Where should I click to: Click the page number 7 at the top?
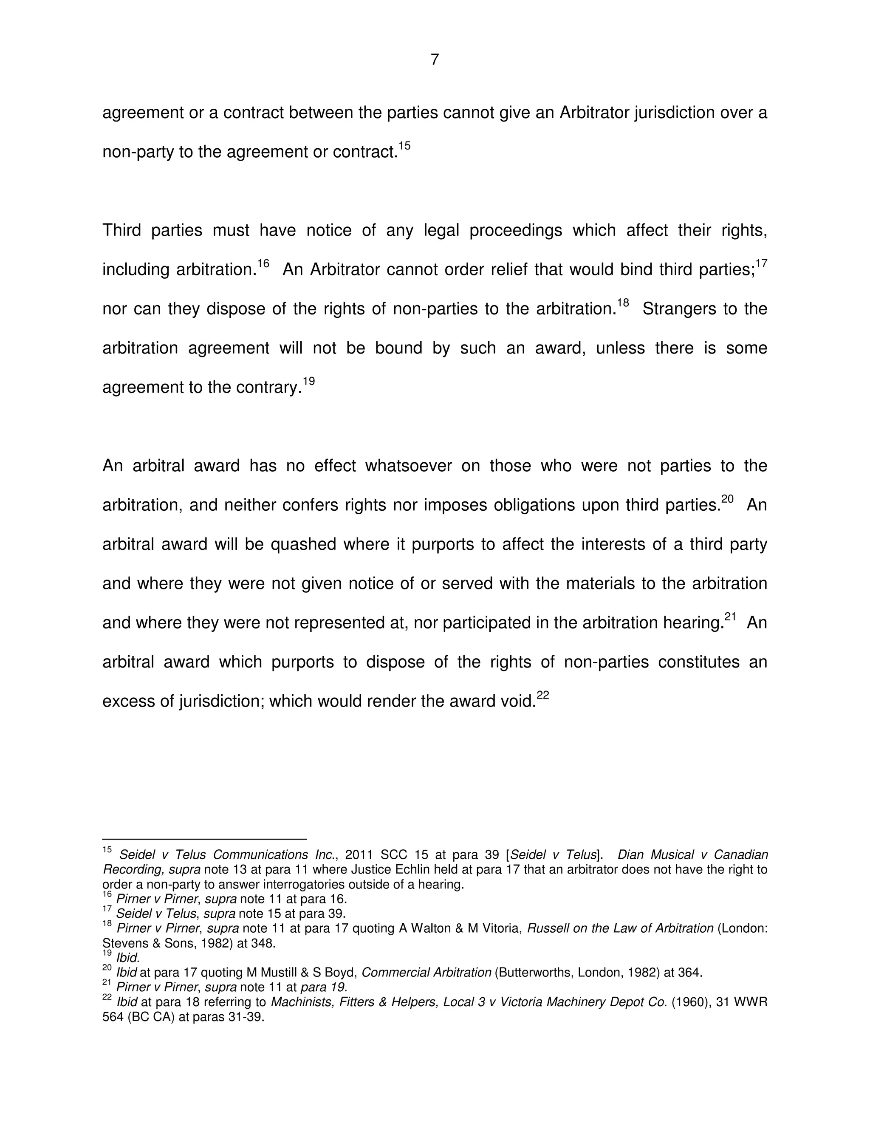[435, 60]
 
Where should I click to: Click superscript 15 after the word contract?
[404, 146]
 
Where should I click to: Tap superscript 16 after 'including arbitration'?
[263, 263]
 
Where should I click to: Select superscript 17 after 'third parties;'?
[761, 263]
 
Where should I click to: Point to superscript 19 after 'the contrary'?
[308, 381]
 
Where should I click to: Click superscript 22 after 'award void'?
[543, 695]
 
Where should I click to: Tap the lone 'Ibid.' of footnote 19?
[128, 958]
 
